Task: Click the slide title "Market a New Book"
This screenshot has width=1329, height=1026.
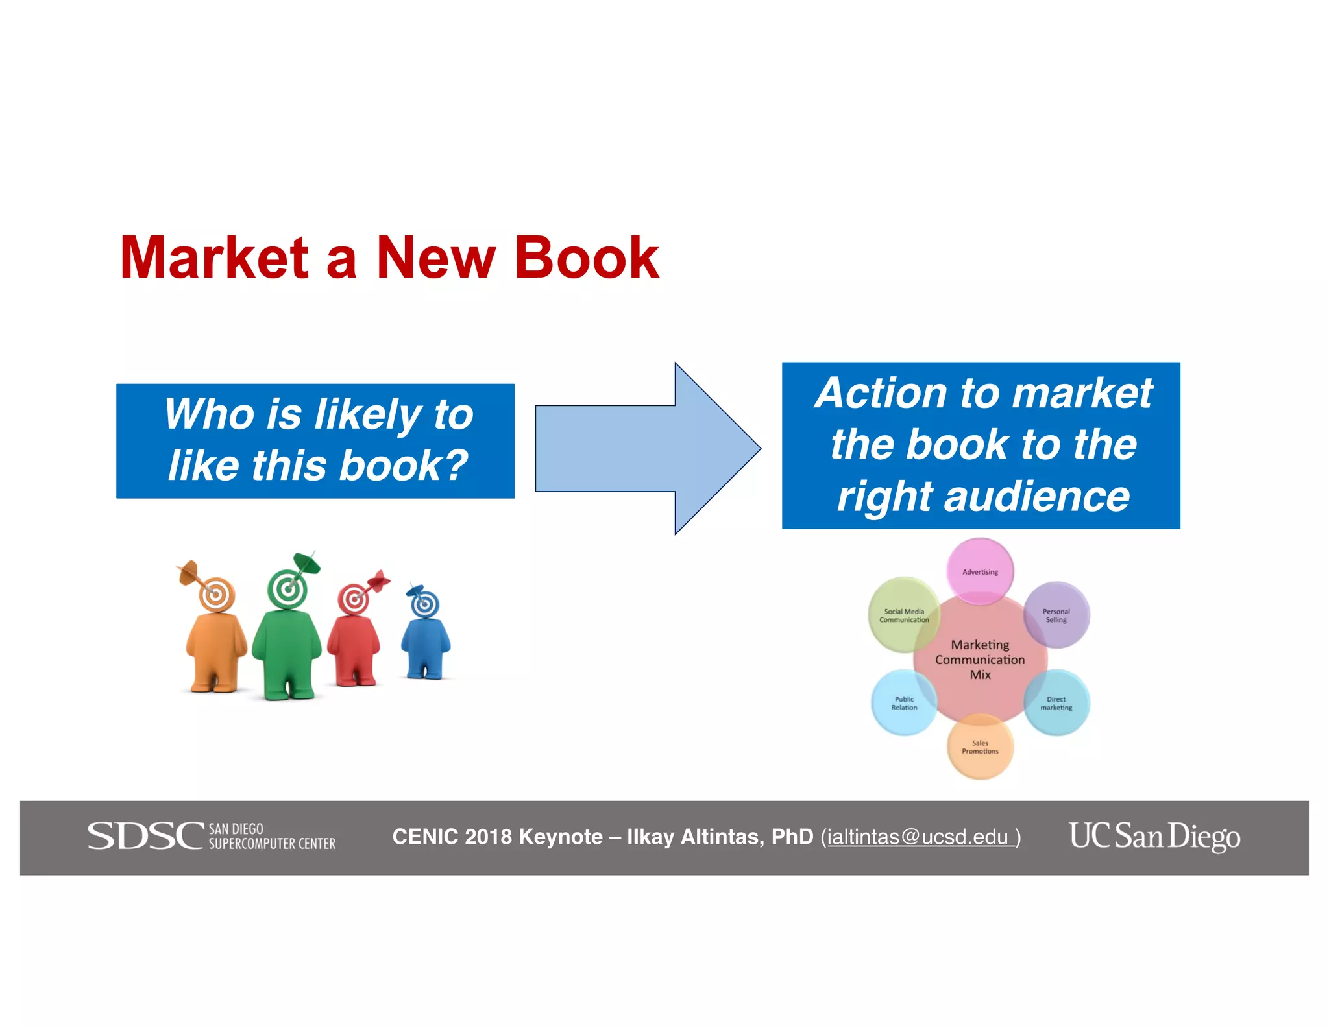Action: coord(389,258)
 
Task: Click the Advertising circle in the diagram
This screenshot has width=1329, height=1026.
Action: coord(980,571)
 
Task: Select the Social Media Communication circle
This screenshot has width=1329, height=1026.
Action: coord(903,615)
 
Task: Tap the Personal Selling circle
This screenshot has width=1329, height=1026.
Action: coord(1056,615)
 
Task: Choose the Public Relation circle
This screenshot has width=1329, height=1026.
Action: coord(904,703)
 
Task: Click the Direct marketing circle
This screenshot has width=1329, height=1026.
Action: coord(1056,703)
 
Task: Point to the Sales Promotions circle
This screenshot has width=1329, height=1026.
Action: coord(980,747)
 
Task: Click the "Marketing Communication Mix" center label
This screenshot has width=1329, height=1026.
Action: coord(980,660)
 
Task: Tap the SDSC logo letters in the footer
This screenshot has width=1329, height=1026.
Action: coord(145,836)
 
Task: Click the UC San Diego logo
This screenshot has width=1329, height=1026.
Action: coord(1154,836)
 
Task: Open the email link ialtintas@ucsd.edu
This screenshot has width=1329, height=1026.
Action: coord(918,837)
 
